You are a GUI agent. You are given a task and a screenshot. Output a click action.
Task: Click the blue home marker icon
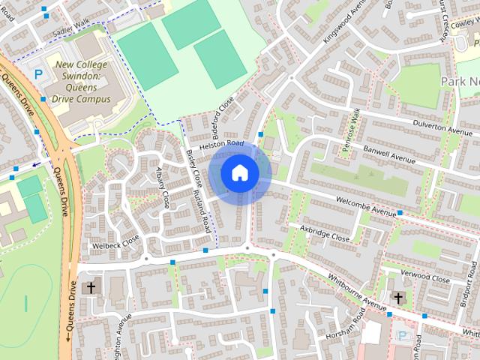click(239, 172)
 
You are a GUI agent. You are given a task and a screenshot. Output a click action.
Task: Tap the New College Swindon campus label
click(81, 81)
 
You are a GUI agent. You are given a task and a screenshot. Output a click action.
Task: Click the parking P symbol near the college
click(38, 74)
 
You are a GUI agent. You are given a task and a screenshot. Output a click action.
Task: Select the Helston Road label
click(223, 143)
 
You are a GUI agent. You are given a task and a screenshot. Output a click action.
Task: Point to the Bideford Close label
click(224, 116)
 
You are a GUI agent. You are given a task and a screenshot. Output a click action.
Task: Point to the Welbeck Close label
click(115, 244)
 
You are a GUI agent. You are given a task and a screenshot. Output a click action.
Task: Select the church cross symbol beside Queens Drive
click(91, 288)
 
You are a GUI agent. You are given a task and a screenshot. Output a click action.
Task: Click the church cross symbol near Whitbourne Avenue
click(398, 298)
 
